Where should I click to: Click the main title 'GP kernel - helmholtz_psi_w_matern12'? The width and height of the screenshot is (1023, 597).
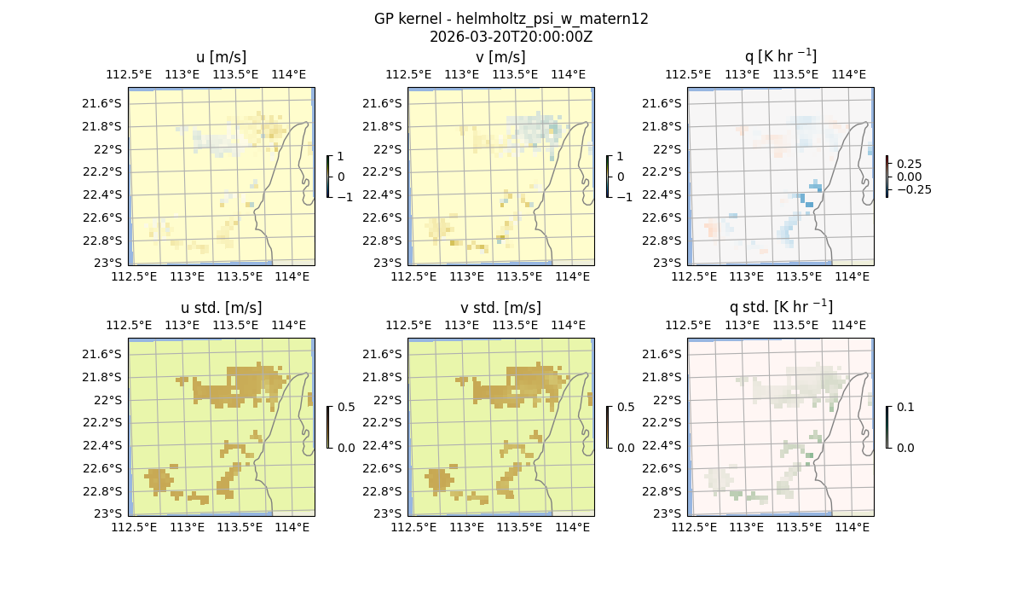[x=511, y=19]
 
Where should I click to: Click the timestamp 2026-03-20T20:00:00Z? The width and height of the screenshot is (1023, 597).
[x=511, y=37]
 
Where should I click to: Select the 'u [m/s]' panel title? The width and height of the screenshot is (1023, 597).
[x=221, y=57]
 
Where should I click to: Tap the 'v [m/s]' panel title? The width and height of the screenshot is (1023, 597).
[x=500, y=57]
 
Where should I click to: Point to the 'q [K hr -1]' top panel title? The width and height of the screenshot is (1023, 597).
[x=780, y=56]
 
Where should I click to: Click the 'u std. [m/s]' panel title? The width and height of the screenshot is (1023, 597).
[x=221, y=308]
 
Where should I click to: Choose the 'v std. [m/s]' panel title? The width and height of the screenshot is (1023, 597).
[x=500, y=308]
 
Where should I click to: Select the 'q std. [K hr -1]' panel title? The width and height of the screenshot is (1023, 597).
[x=780, y=307]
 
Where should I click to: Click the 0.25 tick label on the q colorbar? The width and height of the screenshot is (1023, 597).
[x=908, y=164]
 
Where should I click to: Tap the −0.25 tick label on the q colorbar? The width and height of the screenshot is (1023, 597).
[x=912, y=189]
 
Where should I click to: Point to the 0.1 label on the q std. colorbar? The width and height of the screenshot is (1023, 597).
[x=905, y=408]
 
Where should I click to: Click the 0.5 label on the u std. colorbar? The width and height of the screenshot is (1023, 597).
[x=346, y=408]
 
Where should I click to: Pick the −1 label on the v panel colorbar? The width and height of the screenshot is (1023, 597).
[x=624, y=196]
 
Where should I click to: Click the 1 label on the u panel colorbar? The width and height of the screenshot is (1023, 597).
[x=341, y=157]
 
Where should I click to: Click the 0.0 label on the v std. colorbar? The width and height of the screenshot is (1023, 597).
[x=626, y=448]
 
